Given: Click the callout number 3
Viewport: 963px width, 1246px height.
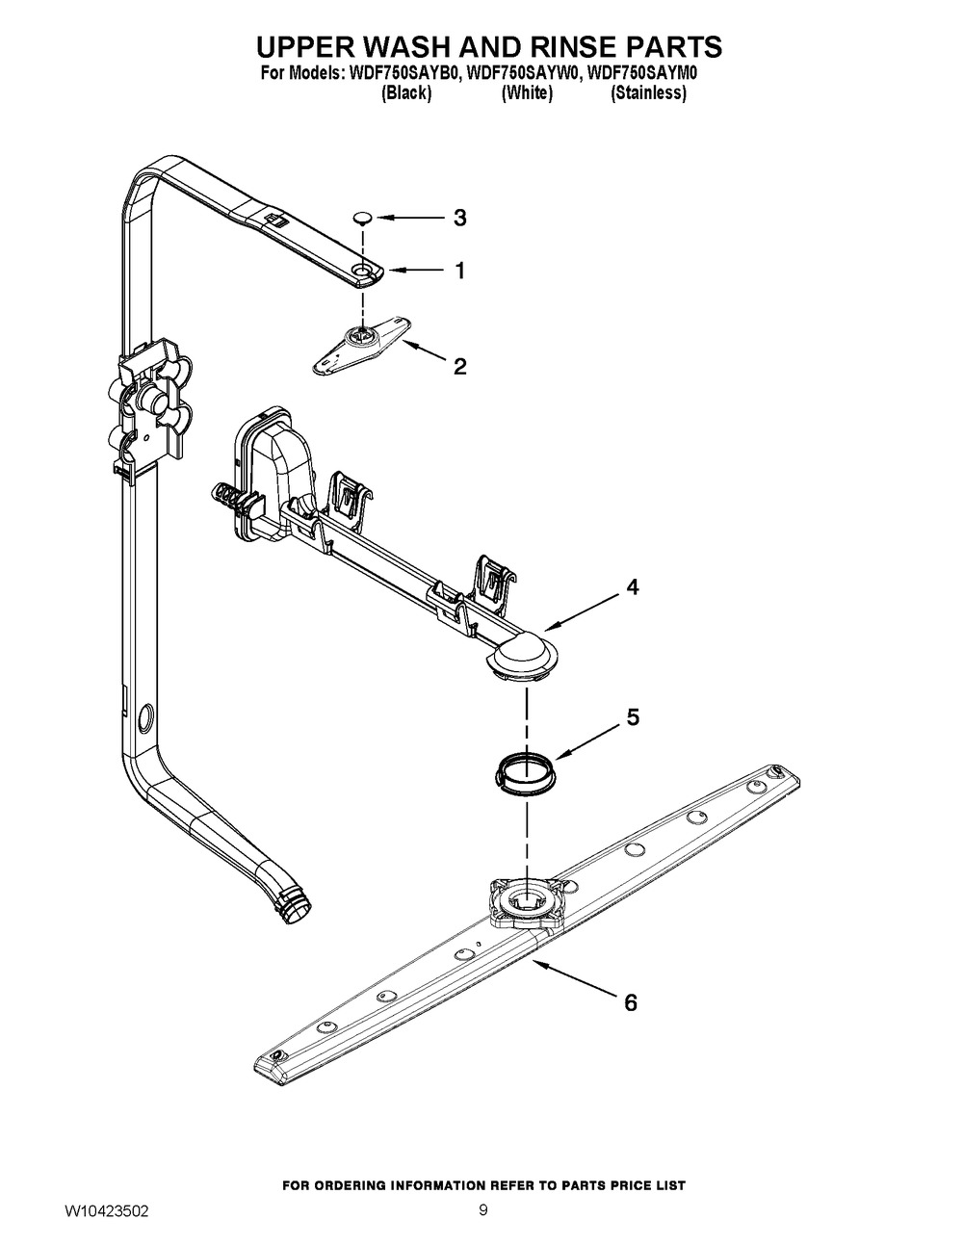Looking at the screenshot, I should pyautogui.click(x=459, y=219).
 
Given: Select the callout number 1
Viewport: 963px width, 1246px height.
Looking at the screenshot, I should pyautogui.click(x=459, y=272).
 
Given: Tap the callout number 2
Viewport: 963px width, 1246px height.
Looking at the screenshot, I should pyautogui.click(x=459, y=366).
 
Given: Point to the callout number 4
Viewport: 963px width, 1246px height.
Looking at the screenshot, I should pyautogui.click(x=632, y=587).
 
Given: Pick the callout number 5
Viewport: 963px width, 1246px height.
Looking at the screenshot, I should pyautogui.click(x=632, y=717).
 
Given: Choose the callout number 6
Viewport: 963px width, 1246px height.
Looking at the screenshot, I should pyautogui.click(x=630, y=1003).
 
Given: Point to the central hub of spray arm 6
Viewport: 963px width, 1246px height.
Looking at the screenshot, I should pyautogui.click(x=528, y=906).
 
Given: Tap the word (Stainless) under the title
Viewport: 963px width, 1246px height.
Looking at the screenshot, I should pyautogui.click(x=648, y=93).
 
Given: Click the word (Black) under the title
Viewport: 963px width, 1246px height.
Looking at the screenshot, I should pyautogui.click(x=405, y=93).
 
